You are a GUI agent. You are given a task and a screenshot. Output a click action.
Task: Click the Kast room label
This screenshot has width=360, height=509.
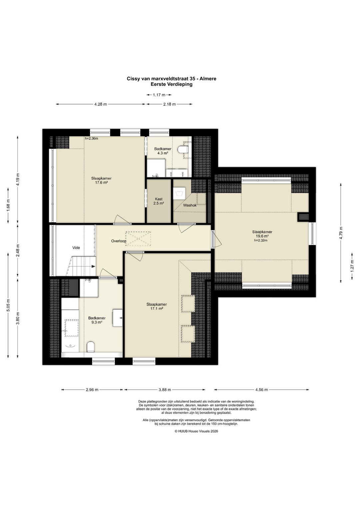coord(159,199)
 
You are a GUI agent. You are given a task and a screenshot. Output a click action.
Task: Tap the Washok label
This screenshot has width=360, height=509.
coord(190,205)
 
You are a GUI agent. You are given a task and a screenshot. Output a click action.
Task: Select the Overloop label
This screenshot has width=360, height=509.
coord(119,241)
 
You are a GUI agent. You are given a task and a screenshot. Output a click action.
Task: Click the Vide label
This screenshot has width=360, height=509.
coord(76,248)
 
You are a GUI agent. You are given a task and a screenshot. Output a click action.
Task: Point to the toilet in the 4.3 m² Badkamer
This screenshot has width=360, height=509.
coord(183,149)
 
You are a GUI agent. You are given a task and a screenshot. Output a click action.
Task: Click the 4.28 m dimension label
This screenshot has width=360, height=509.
coord(101,104)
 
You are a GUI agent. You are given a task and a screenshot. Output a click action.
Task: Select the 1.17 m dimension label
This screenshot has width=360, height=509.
coord(159,95)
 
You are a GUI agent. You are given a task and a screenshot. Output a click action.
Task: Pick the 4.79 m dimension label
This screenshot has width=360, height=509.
coord(341,233)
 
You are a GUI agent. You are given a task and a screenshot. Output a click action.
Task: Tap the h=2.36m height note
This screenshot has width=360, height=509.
coord(91,138)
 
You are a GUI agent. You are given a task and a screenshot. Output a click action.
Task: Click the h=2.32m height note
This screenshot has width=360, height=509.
coord(261,240)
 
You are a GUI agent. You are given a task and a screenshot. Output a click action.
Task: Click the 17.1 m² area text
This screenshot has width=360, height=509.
coord(156,308)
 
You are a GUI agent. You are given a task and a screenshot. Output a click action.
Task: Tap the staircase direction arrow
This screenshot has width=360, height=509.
coord(93,267)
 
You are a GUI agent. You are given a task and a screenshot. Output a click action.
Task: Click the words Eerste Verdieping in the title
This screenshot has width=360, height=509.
coord(171,84)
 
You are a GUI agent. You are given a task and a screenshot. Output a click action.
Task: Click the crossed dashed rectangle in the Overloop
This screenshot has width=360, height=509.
coord(138,238)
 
